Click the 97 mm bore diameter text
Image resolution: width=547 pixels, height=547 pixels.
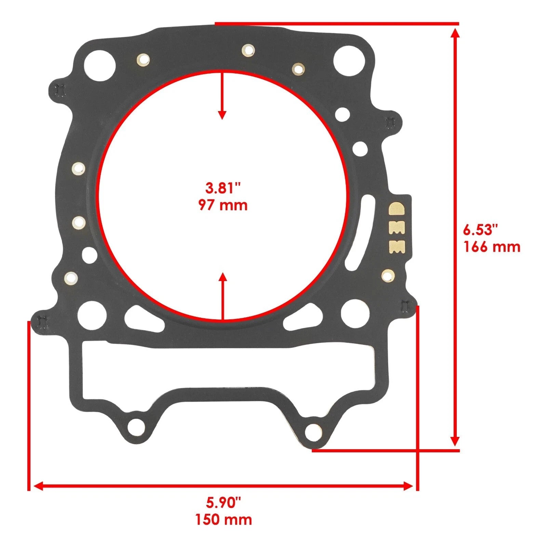(x=223, y=205)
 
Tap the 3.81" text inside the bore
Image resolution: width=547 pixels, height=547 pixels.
(x=223, y=188)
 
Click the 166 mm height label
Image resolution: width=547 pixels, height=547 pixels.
(x=492, y=246)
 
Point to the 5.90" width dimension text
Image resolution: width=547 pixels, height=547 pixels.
(x=224, y=503)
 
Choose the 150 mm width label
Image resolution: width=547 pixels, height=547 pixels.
(x=224, y=520)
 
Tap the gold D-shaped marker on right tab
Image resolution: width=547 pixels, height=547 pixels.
(x=397, y=208)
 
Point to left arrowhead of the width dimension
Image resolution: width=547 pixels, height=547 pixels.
(x=38, y=486)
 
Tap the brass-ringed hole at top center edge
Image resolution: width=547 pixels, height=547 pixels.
(x=248, y=50)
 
